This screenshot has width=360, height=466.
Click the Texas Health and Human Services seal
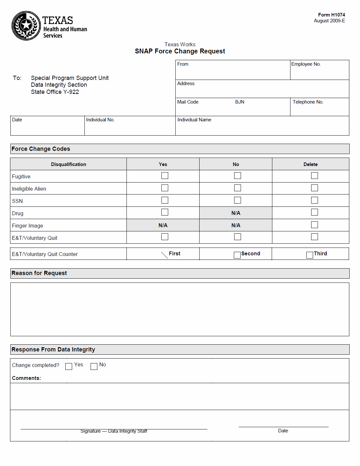click(x=26, y=26)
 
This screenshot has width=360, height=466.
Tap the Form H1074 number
click(x=331, y=15)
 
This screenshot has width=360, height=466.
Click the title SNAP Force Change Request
click(x=180, y=51)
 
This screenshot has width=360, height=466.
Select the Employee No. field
click(x=319, y=72)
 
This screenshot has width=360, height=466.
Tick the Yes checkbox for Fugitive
click(x=165, y=176)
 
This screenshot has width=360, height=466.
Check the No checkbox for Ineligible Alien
click(x=237, y=188)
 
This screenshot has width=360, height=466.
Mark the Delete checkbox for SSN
click(x=314, y=200)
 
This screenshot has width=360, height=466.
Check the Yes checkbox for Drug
click(x=165, y=212)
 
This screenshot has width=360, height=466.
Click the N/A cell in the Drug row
click(x=236, y=213)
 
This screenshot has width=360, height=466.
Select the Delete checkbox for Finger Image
click(x=314, y=225)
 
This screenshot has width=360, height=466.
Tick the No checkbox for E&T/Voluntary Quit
click(x=237, y=237)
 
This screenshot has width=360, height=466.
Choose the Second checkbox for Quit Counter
click(x=237, y=255)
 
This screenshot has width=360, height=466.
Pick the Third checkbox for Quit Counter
click(x=310, y=255)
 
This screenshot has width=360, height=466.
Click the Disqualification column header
click(x=69, y=164)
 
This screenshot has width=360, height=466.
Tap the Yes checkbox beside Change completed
click(x=69, y=366)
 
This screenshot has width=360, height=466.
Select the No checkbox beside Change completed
click(x=94, y=366)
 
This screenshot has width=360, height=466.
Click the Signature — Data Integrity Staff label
click(x=114, y=431)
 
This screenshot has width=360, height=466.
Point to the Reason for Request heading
click(x=39, y=273)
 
